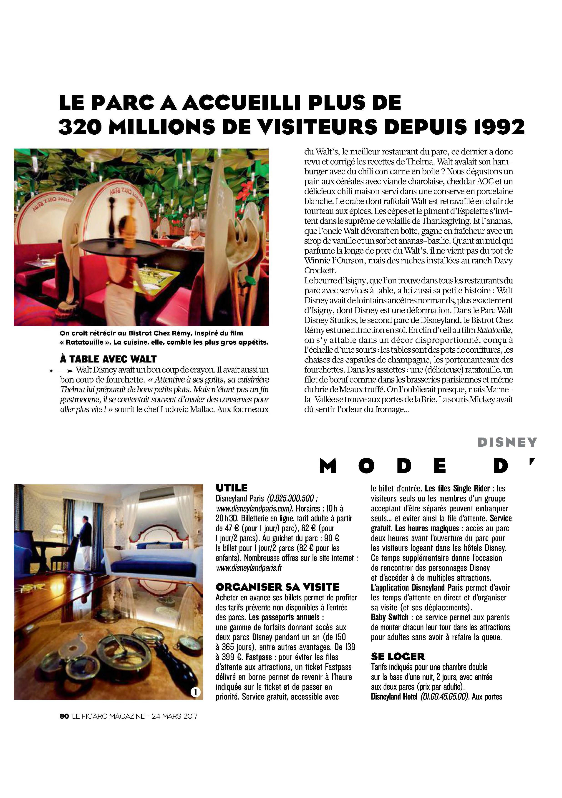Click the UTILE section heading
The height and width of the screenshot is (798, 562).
tap(232, 488)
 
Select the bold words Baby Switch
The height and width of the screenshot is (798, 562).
tap(390, 618)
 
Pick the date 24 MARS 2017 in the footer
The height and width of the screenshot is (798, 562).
tap(175, 716)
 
